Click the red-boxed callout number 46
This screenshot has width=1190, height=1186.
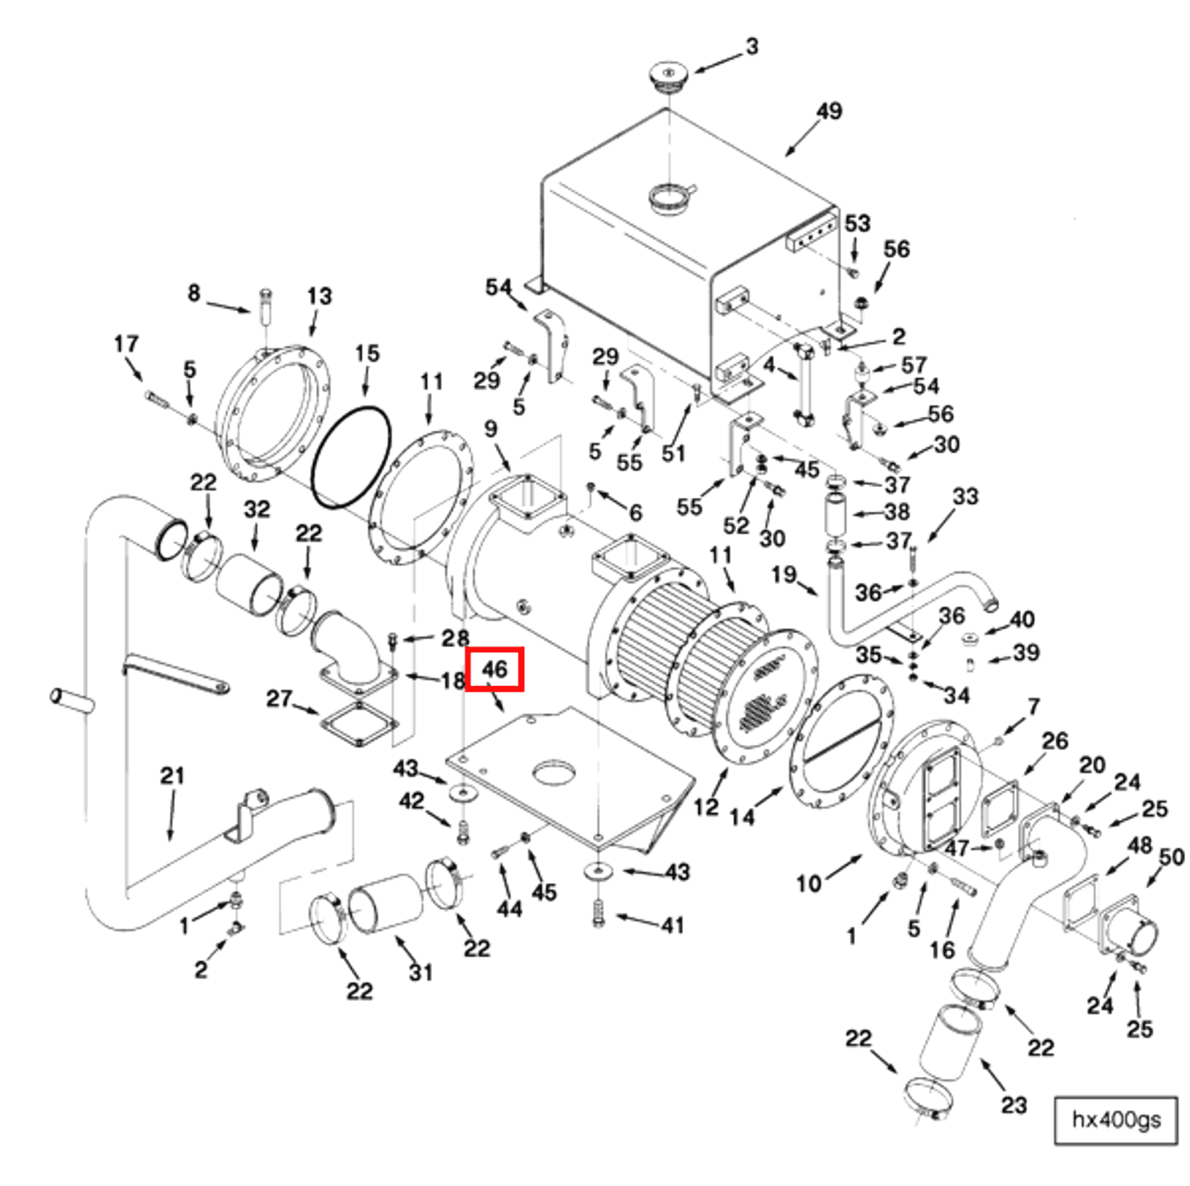point(494,668)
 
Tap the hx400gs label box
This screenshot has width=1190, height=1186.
point(1115,1119)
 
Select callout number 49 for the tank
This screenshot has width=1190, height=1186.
point(829,111)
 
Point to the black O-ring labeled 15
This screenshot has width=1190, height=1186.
point(351,457)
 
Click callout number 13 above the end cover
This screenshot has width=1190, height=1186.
point(319,296)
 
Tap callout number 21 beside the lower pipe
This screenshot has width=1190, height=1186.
point(172,775)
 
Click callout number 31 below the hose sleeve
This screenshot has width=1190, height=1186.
point(421,972)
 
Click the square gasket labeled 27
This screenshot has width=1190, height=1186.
point(360,724)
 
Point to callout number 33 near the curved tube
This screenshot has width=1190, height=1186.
point(965,496)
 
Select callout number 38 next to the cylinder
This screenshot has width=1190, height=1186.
point(897,511)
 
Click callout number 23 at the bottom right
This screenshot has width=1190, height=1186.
point(1014,1105)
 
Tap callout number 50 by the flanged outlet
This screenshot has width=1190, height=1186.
point(1172,857)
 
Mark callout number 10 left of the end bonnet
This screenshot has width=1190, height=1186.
point(808,883)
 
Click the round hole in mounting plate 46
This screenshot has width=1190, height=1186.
point(554,773)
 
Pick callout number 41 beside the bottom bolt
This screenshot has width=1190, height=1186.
point(672,925)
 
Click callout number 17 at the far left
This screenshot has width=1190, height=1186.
point(126,344)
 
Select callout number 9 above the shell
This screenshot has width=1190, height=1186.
point(490,428)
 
